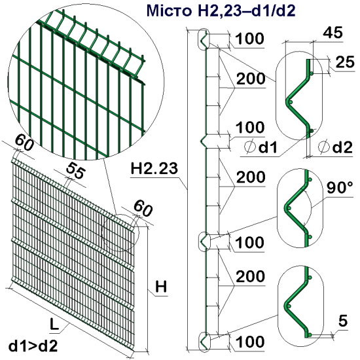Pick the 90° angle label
click(x=339, y=189)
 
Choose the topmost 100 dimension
click(x=249, y=39)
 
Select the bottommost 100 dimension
click(x=249, y=341)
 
